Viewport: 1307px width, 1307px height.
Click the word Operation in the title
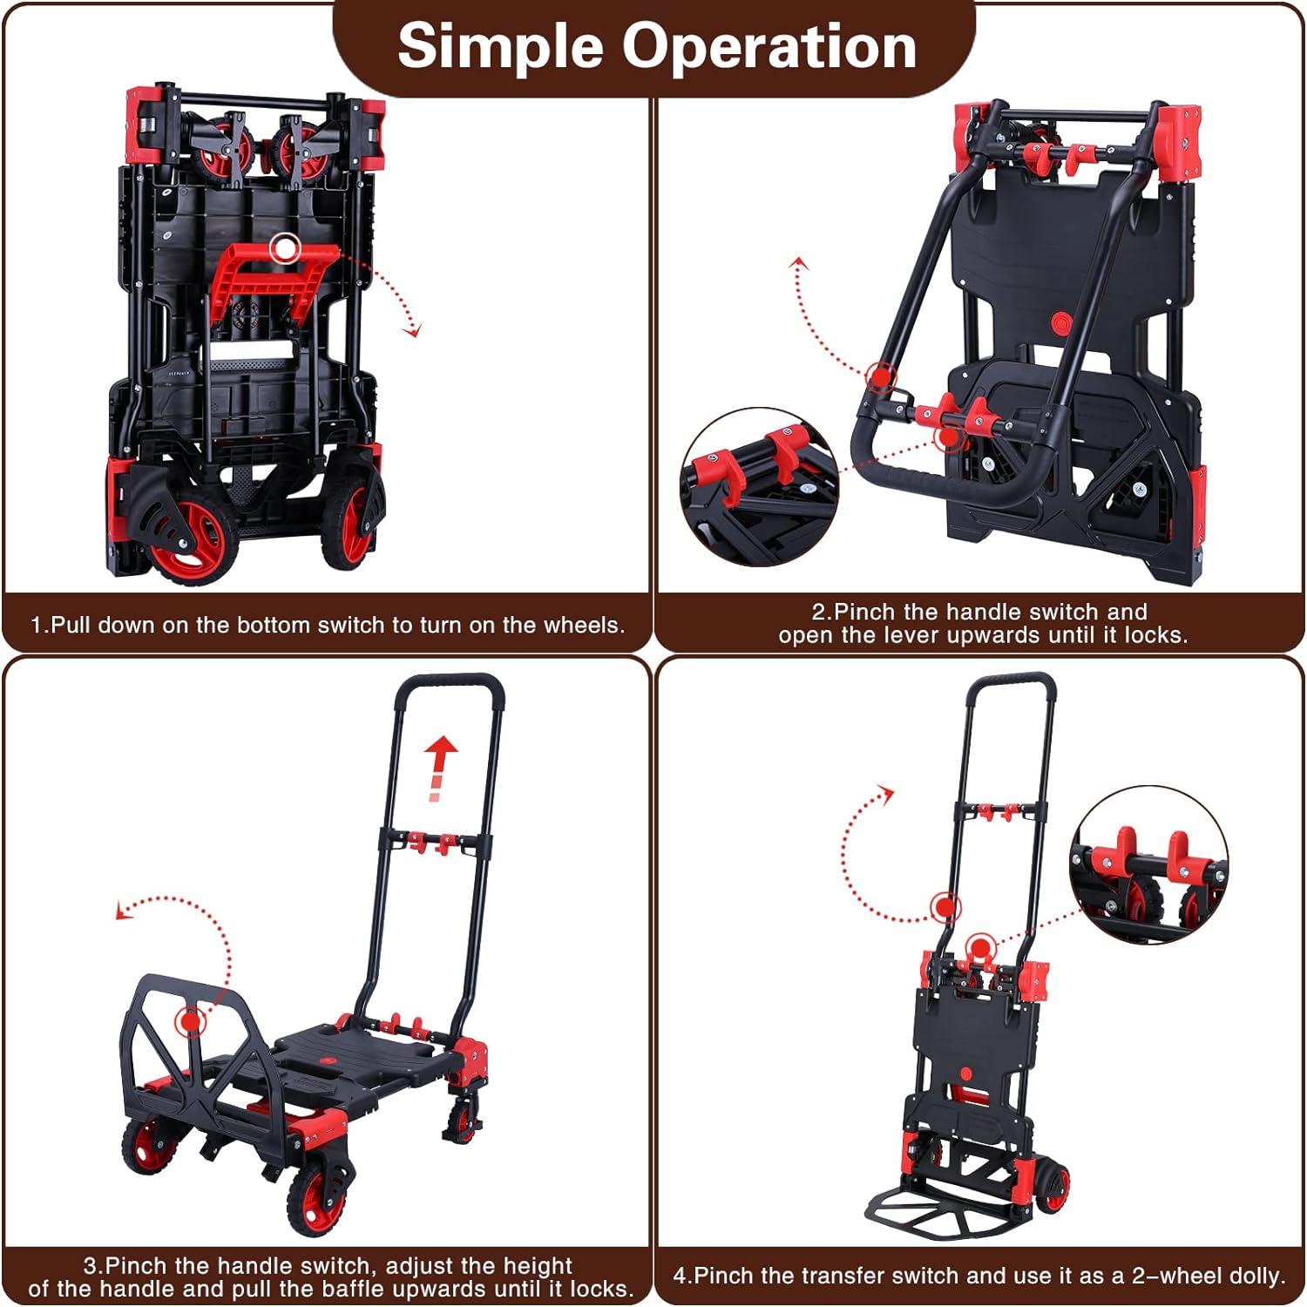click(x=769, y=47)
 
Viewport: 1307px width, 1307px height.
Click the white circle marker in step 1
click(x=284, y=249)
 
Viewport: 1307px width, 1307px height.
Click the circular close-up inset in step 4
click(x=1148, y=863)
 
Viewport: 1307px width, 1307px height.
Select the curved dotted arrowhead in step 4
click(x=887, y=792)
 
